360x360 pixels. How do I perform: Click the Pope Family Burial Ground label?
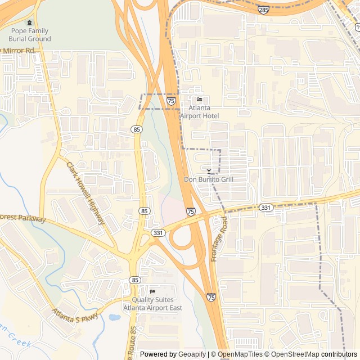29,35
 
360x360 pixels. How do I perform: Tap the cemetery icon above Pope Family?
29,22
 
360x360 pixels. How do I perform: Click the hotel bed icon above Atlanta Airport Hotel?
199,100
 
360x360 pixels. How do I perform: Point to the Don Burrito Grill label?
209,179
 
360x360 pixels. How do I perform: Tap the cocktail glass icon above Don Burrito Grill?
209,170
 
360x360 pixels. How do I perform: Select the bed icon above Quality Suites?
152,291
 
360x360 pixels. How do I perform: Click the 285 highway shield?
264,10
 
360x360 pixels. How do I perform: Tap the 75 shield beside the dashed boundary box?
171,101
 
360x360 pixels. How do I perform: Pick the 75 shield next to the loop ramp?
191,211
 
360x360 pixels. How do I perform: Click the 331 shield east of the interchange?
267,208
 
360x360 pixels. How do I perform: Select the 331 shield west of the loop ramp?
158,232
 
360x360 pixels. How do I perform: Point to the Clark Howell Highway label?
85,193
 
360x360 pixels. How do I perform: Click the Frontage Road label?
219,239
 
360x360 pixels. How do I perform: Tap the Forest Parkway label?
22,218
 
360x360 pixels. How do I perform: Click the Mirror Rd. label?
19,51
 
